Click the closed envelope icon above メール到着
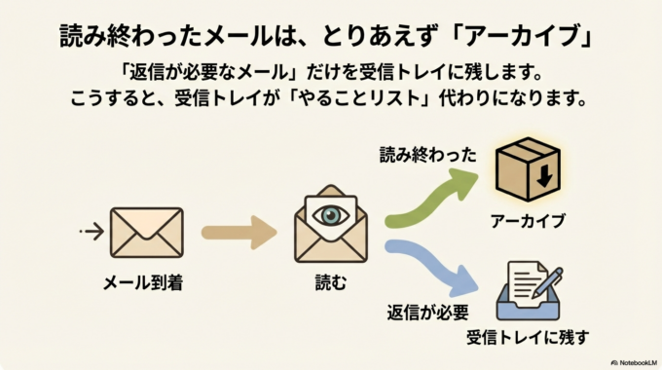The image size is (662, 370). pos(147,234)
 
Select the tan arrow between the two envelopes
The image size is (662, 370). pos(239,234)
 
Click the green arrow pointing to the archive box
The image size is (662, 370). pos(428,201)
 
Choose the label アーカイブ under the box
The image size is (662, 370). pos(529,221)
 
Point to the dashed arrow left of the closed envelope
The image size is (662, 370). pos(91,232)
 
